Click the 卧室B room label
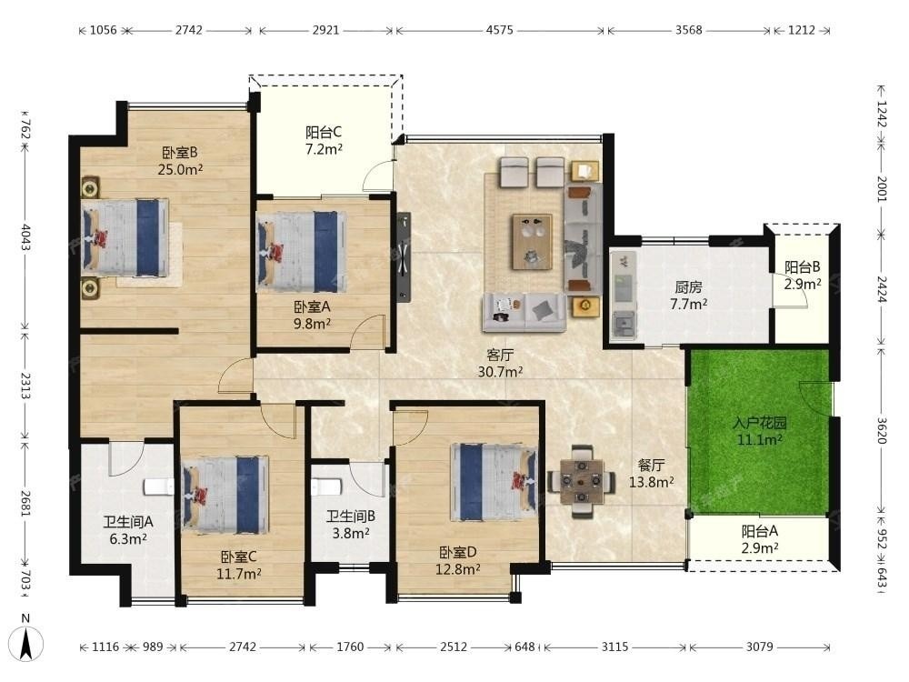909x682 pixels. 180,153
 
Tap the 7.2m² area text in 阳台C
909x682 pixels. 325,149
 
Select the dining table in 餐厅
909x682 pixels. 582,481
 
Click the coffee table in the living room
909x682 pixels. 532,242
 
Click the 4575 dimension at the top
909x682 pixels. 500,30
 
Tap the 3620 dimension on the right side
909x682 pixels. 881,430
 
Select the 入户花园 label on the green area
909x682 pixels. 759,423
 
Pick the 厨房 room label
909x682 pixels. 689,287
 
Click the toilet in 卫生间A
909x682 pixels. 157,486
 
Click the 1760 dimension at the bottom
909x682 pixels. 350,647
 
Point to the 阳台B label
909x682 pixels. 803,267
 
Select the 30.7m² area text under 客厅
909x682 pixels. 500,372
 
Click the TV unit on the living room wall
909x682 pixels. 405,257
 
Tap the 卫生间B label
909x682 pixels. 351,517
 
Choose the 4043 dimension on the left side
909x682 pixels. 25,237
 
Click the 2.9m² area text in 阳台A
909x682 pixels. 759,547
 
